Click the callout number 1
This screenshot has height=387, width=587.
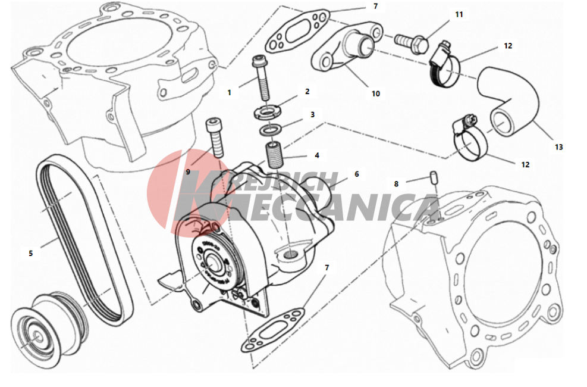[230, 92]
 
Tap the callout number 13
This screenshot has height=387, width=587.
[558, 147]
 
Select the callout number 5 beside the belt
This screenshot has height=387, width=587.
[31, 253]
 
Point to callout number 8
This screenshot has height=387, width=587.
[396, 184]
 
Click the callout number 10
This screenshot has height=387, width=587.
[376, 93]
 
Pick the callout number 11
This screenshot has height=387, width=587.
[459, 15]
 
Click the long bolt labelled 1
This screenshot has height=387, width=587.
[262, 79]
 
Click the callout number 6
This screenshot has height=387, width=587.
[356, 174]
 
